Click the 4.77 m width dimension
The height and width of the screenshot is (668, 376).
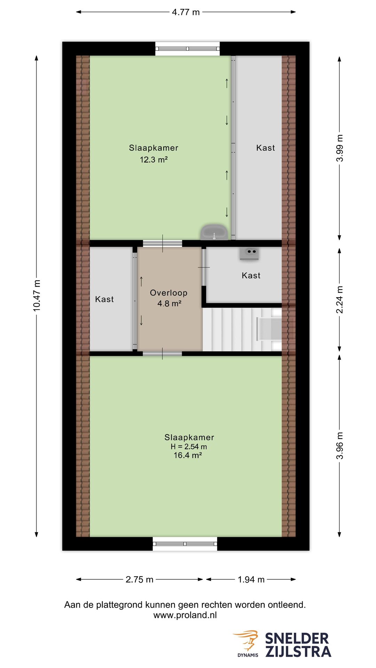(x=186, y=12)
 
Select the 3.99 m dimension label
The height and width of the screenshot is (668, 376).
(x=340, y=148)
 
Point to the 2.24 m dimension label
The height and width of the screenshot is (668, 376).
(x=340, y=300)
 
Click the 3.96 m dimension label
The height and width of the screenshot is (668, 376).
(x=340, y=446)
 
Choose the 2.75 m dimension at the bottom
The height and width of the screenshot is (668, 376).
(x=139, y=579)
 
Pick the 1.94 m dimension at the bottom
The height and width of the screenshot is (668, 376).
(x=251, y=579)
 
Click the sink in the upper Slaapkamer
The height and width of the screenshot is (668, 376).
(x=214, y=232)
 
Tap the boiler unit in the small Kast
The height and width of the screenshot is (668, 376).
(x=249, y=253)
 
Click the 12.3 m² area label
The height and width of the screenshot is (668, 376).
(x=154, y=160)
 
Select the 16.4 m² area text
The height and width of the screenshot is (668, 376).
(x=188, y=455)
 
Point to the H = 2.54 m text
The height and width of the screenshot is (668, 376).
(x=189, y=447)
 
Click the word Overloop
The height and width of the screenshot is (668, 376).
(x=169, y=293)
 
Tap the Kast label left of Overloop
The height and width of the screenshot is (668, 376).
(x=104, y=299)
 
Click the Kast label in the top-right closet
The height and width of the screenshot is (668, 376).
(x=265, y=148)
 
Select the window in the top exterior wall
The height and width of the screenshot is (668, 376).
(x=188, y=49)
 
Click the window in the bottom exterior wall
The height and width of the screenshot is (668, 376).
(x=185, y=543)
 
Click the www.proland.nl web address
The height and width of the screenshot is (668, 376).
(x=185, y=615)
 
